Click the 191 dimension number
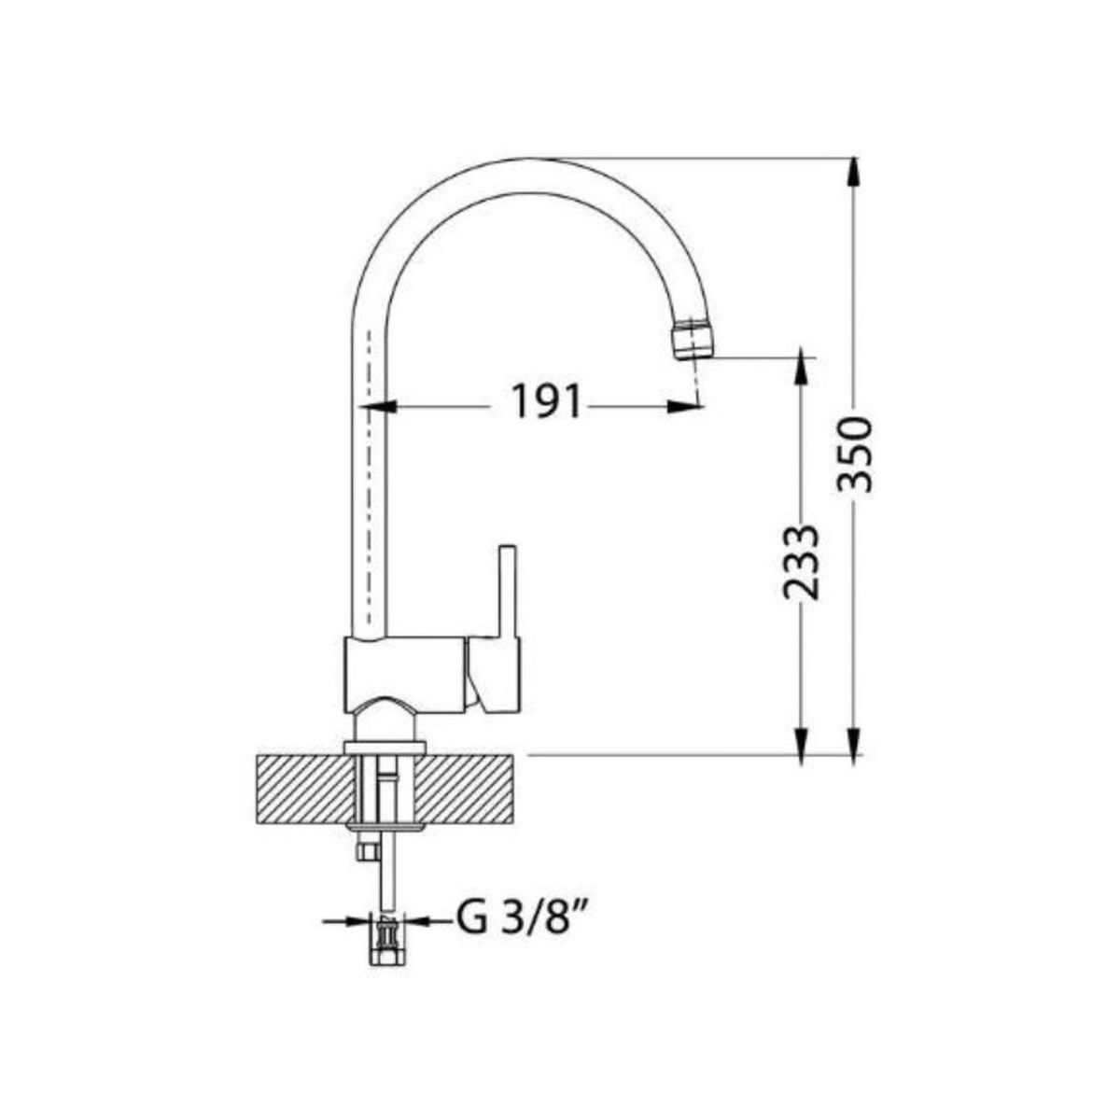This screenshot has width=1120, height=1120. [x=546, y=401]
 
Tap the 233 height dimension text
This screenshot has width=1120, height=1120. [x=800, y=563]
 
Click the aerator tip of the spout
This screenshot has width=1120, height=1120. [x=692, y=338]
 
